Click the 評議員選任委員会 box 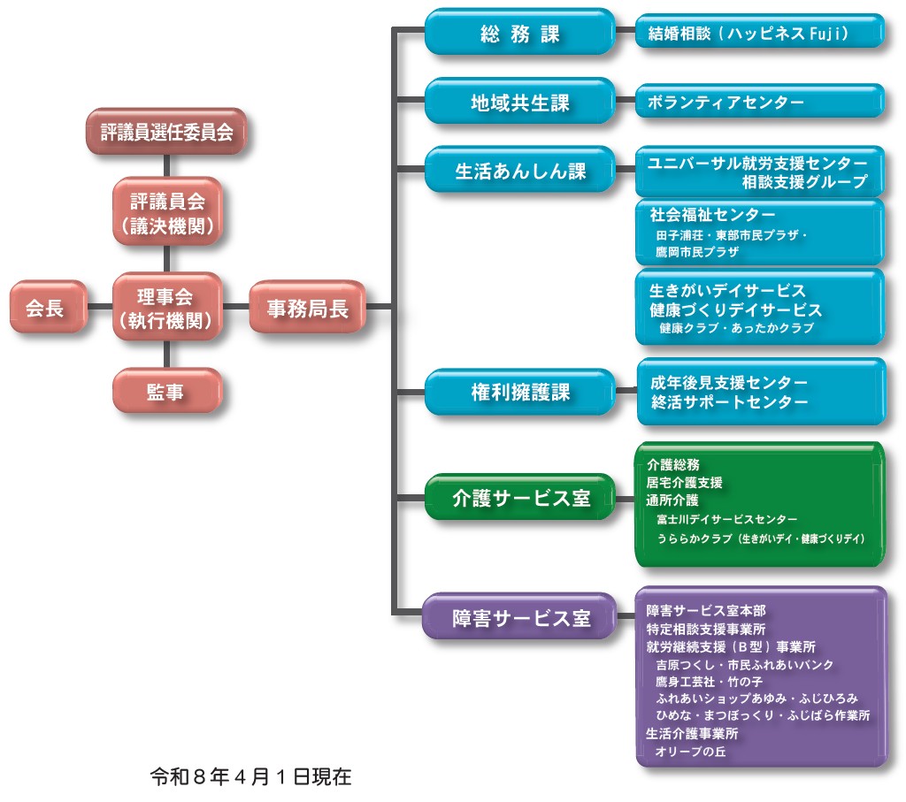[166, 133]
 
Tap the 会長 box [48, 307]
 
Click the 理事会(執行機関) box [166, 307]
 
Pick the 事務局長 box [307, 307]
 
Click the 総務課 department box [519, 34]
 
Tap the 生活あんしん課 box [519, 171]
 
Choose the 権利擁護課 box [519, 393]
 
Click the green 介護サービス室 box [519, 497]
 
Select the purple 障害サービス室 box [519, 617]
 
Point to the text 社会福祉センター [712, 215]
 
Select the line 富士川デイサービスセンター [726, 519]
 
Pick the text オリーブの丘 [690, 752]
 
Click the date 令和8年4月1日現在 [251, 777]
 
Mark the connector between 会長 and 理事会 [100, 307]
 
